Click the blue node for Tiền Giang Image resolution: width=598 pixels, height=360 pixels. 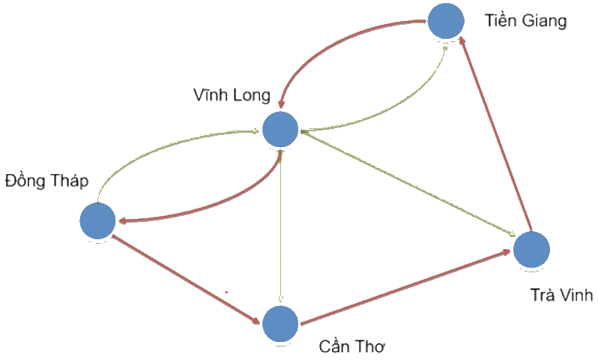(x=447, y=21)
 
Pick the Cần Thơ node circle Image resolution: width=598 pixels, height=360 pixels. (x=280, y=324)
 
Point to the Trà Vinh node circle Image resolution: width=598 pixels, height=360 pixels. (x=531, y=249)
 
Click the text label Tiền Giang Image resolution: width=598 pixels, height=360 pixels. (x=525, y=20)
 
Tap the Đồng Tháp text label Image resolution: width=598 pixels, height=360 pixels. (x=46, y=181)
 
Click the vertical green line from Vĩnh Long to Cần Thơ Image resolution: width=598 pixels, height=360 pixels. (x=280, y=225)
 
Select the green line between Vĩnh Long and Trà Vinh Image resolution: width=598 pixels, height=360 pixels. (x=405, y=182)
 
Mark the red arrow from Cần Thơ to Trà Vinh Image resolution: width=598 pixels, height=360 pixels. (x=405, y=287)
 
